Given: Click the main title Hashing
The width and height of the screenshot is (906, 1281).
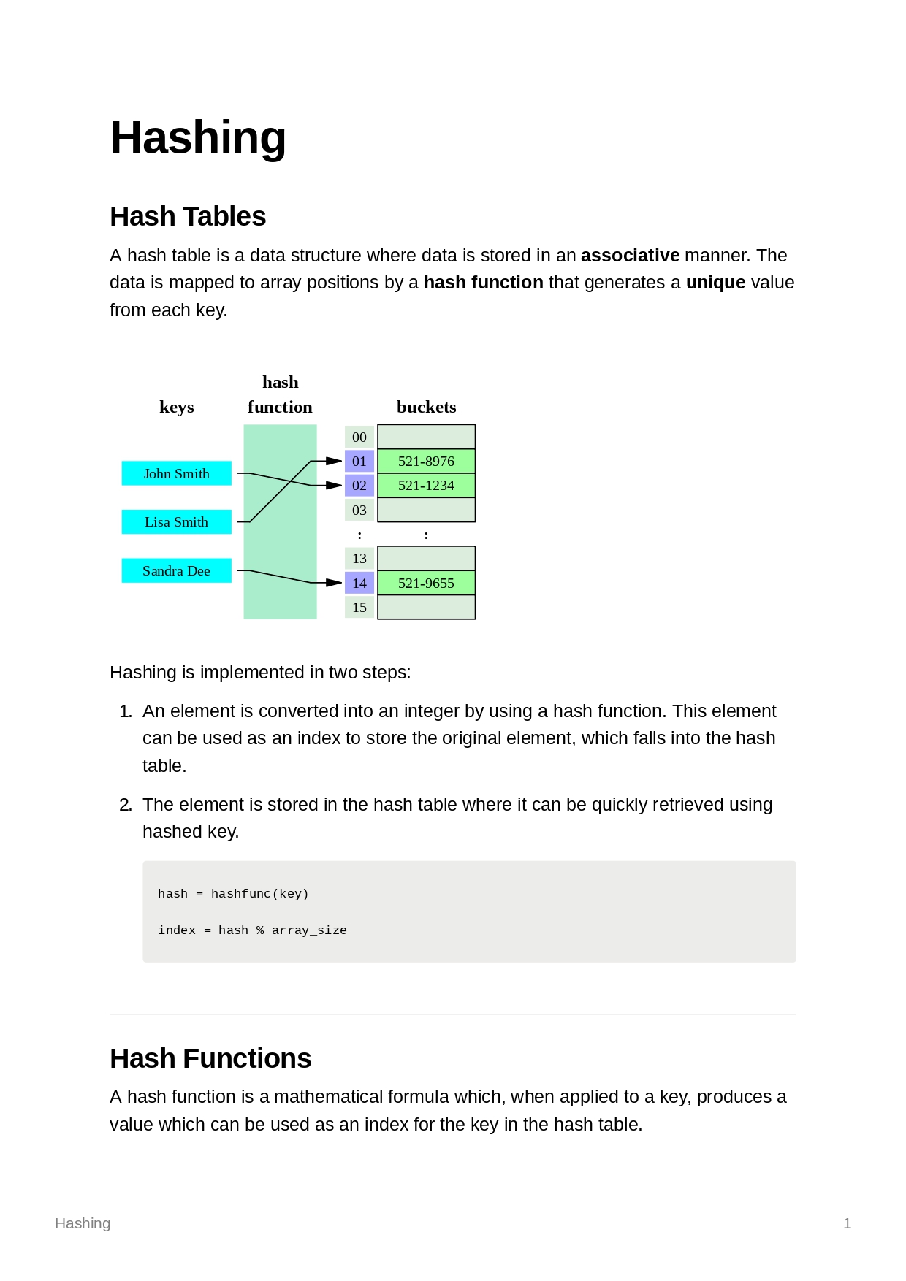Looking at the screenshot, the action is [197, 137].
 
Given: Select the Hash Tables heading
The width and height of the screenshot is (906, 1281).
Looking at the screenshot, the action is [188, 216].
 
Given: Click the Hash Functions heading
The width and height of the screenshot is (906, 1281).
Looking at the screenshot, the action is [210, 1058].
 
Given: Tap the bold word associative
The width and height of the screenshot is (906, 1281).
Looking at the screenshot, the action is [630, 256].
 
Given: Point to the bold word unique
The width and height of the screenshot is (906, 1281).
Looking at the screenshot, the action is [715, 283].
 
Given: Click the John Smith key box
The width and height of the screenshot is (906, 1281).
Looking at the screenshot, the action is [176, 473].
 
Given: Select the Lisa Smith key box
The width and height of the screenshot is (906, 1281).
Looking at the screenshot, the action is [176, 522].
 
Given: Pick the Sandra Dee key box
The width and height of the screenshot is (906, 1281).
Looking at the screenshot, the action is [176, 570].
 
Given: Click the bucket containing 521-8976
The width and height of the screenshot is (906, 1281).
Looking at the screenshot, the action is [426, 461].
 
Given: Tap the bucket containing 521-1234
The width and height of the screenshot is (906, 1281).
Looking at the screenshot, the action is [426, 486].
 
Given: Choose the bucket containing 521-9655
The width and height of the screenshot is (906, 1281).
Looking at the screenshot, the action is [426, 583].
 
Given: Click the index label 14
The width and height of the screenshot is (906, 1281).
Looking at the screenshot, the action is [359, 583].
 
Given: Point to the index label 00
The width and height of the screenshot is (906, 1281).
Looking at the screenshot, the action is [359, 437].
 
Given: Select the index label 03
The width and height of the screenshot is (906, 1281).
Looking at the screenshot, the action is [359, 510].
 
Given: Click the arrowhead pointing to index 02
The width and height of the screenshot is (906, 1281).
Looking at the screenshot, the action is [334, 486].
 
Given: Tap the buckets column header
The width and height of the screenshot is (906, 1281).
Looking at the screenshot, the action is [426, 407].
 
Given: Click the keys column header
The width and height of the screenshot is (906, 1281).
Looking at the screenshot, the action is [177, 407].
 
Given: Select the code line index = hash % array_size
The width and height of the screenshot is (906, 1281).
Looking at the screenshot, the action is [252, 930].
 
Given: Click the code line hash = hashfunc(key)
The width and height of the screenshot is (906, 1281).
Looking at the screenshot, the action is [233, 894].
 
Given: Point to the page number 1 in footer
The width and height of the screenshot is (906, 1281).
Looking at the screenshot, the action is [847, 1223].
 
